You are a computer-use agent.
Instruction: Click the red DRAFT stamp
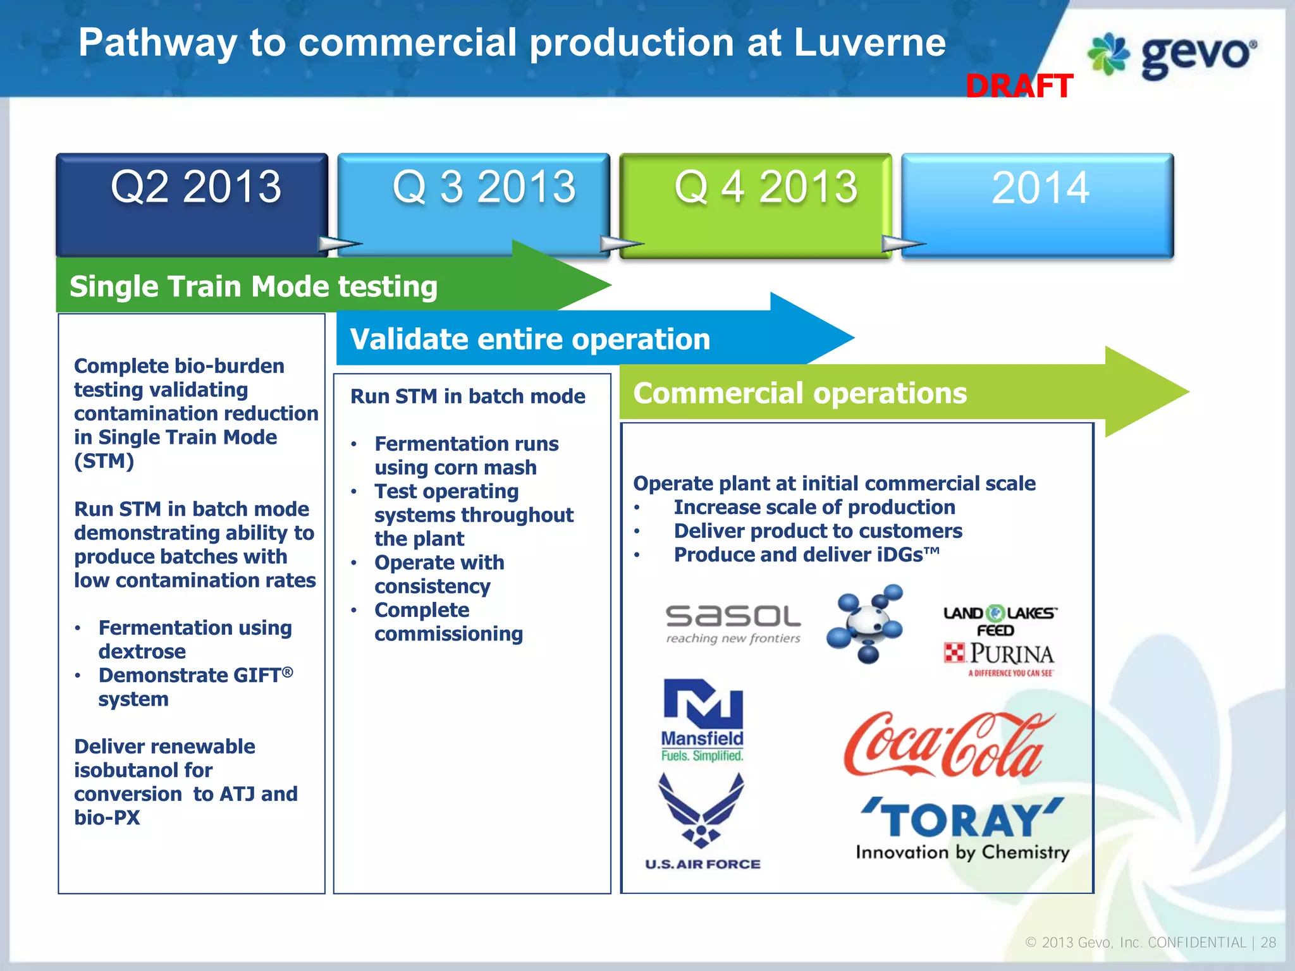tap(1019, 86)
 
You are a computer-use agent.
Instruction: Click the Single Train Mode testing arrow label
tap(254, 286)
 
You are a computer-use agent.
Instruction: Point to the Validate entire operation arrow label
tap(530, 339)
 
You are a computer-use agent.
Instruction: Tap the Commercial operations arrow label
tap(800, 393)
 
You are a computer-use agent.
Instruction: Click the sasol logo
tap(733, 623)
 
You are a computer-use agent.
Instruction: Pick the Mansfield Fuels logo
tap(703, 720)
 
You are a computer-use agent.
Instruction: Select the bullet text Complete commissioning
tap(448, 622)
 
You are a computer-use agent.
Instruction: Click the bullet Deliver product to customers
tap(818, 531)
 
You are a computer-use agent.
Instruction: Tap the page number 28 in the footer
tap(1268, 943)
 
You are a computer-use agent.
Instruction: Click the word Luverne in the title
tap(869, 43)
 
